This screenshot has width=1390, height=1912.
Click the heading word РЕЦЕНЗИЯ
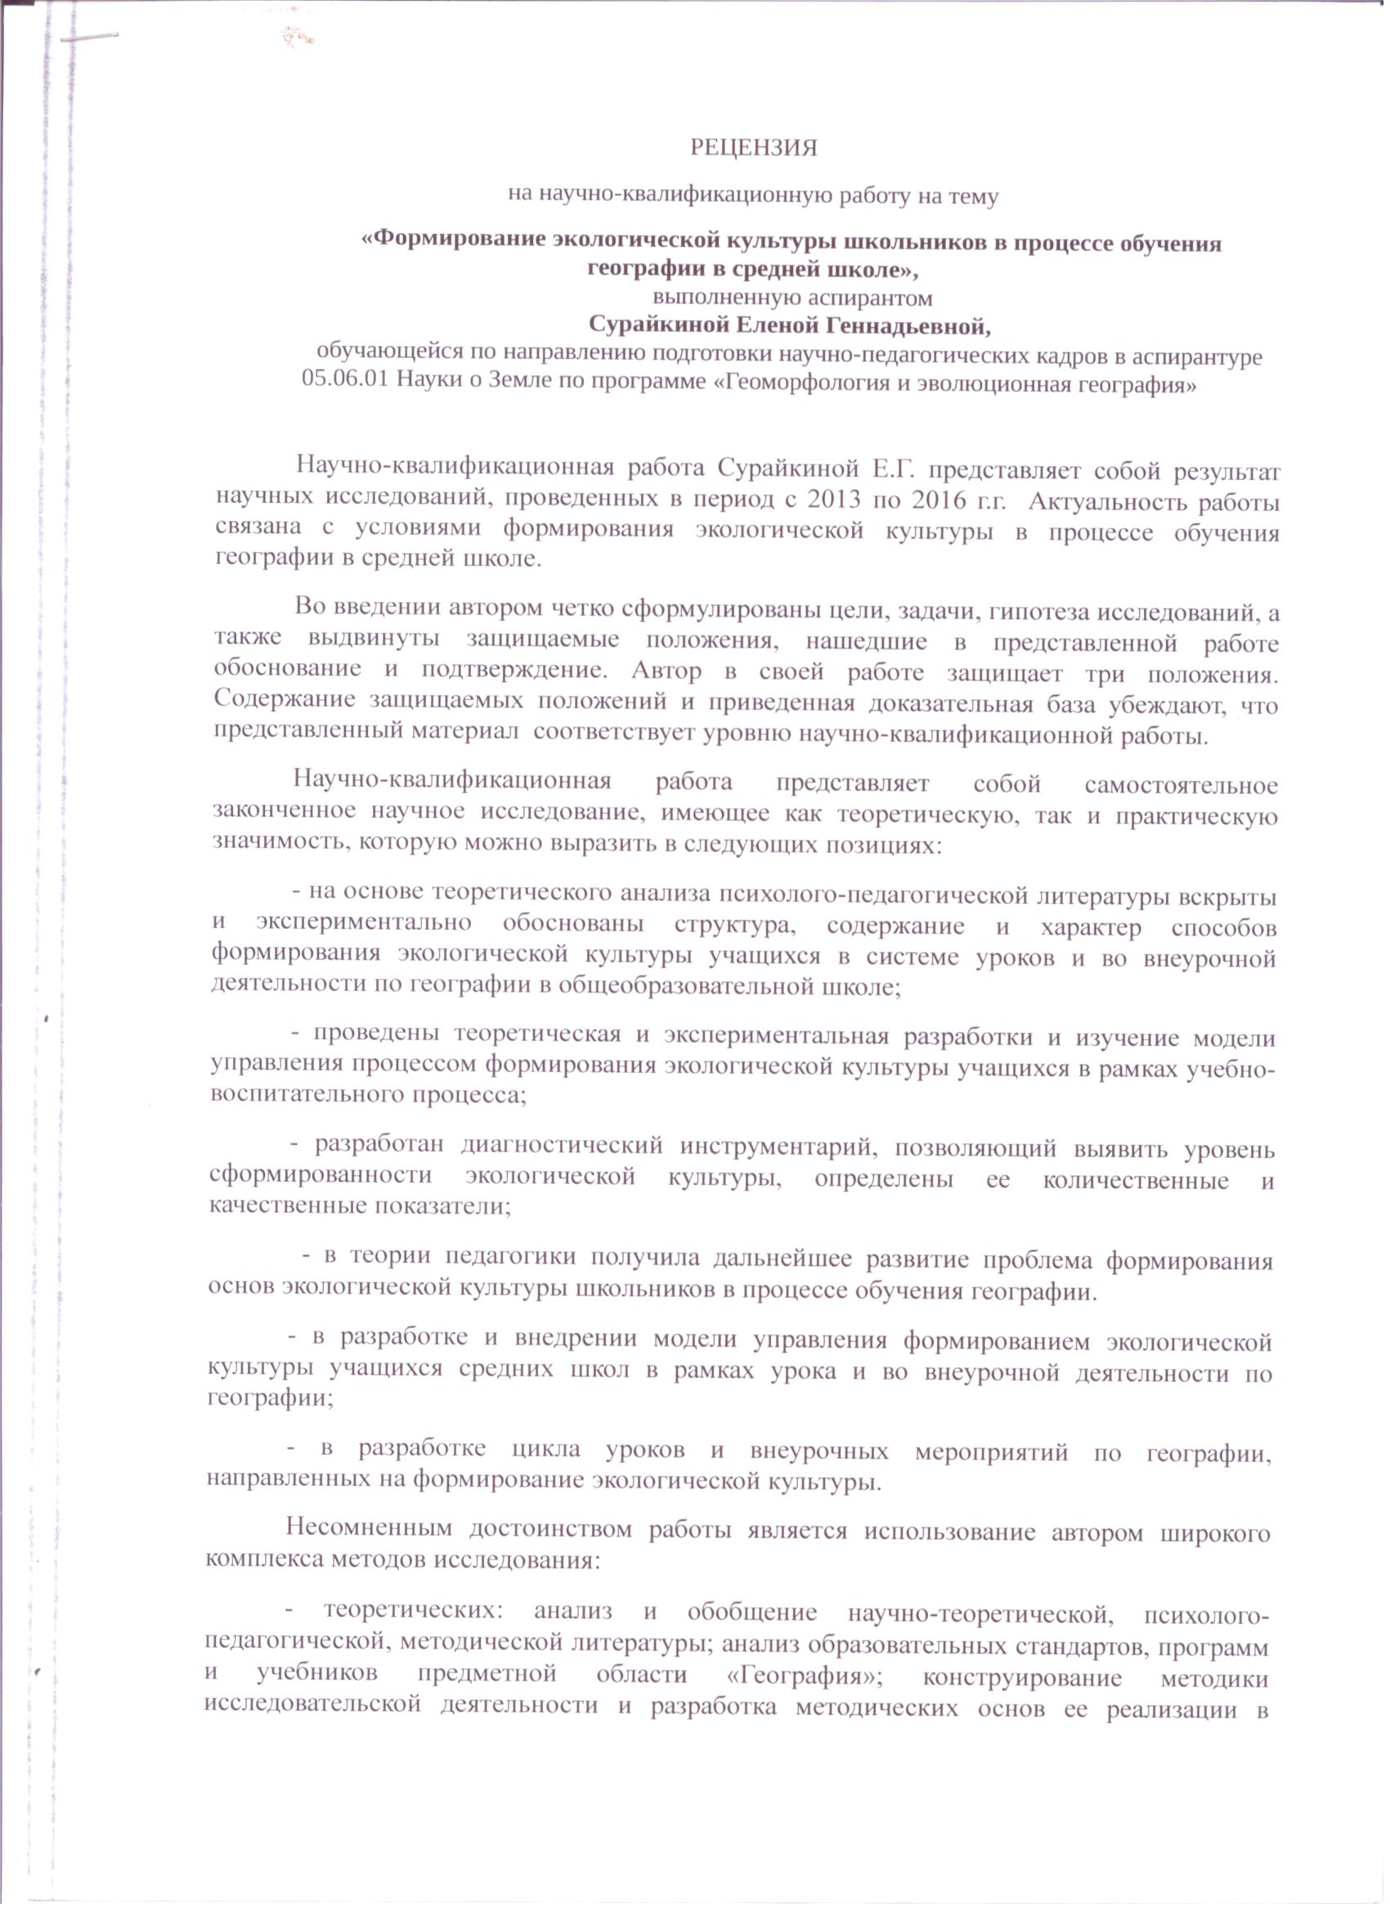pyautogui.click(x=754, y=148)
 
